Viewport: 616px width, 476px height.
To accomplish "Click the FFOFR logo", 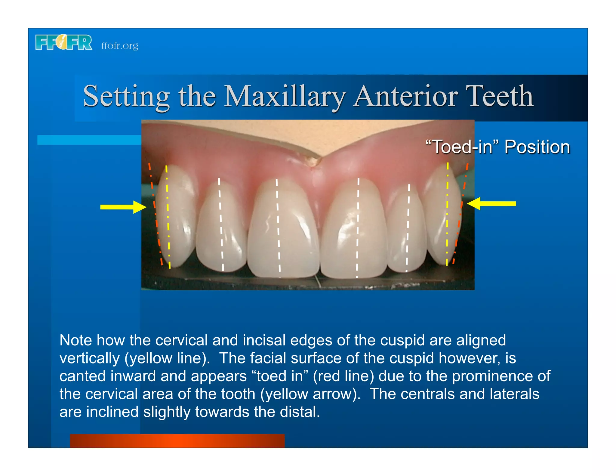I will [x=63, y=42].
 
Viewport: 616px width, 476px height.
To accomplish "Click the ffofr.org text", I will [x=120, y=45].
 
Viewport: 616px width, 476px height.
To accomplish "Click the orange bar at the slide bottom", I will [x=177, y=440].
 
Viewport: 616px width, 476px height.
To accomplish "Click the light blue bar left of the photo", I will [x=89, y=140].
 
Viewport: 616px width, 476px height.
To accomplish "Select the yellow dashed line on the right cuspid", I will [x=447, y=214].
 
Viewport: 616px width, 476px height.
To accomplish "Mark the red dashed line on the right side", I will [x=460, y=214].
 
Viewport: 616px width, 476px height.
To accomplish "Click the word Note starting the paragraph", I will [x=75, y=340].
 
